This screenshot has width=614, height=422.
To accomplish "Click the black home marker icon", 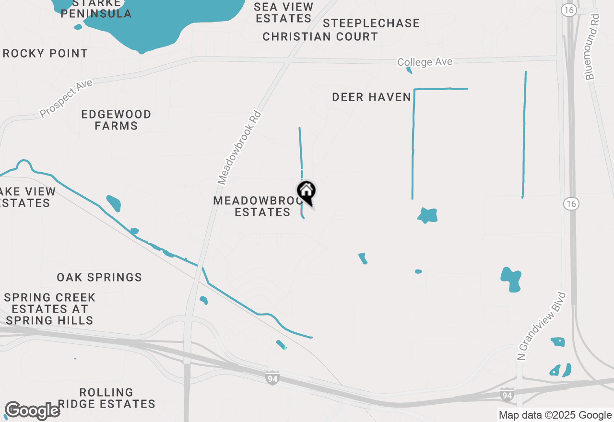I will pos(306,192).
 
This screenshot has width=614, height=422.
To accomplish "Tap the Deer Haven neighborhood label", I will pos(372,97).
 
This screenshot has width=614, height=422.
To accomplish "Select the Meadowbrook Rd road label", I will pos(239,148).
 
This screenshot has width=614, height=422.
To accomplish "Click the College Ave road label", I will pos(425,62).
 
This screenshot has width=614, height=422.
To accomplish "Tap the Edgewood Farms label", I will pos(116,120).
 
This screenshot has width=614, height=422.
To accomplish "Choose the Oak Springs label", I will pos(99,277).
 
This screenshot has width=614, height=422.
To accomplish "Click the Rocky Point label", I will pos(45,53).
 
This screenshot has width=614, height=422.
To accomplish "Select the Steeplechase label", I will pos(371,23).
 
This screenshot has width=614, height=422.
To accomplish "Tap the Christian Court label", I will pos(320,36).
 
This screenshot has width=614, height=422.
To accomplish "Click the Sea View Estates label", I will pos(283,13).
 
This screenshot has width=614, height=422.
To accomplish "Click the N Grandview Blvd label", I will pos(542,326).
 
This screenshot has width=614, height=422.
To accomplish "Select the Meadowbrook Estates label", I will pos(252,206).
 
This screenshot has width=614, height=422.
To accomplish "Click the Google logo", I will pos(32,411).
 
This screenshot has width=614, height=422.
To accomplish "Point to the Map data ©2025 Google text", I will pos(555,415).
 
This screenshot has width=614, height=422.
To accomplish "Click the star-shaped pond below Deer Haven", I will pos(427,215).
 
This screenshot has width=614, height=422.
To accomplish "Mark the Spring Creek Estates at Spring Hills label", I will pos(50,309).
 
